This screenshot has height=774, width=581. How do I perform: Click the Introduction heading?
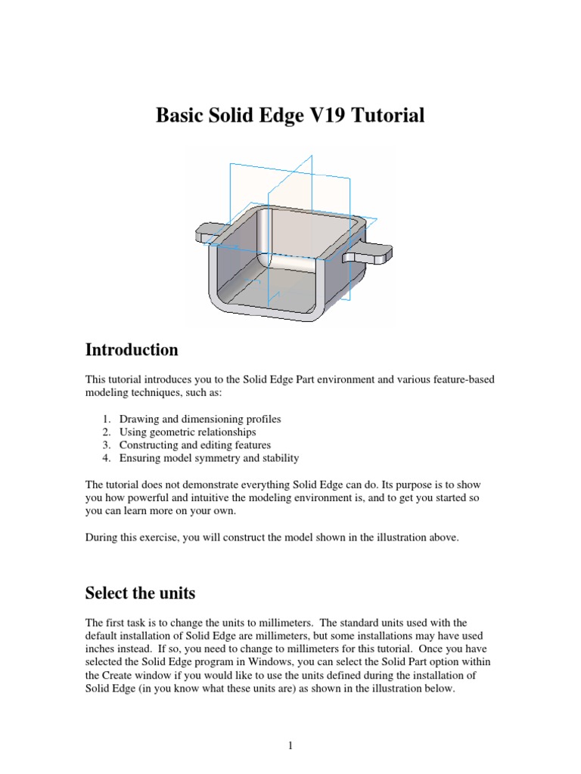(132, 350)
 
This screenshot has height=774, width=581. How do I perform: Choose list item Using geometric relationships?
(188, 432)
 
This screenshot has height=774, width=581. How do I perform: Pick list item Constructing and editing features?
(194, 444)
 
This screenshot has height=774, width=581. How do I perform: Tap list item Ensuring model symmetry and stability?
(209, 457)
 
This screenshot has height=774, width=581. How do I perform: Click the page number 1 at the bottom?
(290, 747)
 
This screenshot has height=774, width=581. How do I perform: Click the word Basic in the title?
(182, 116)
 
